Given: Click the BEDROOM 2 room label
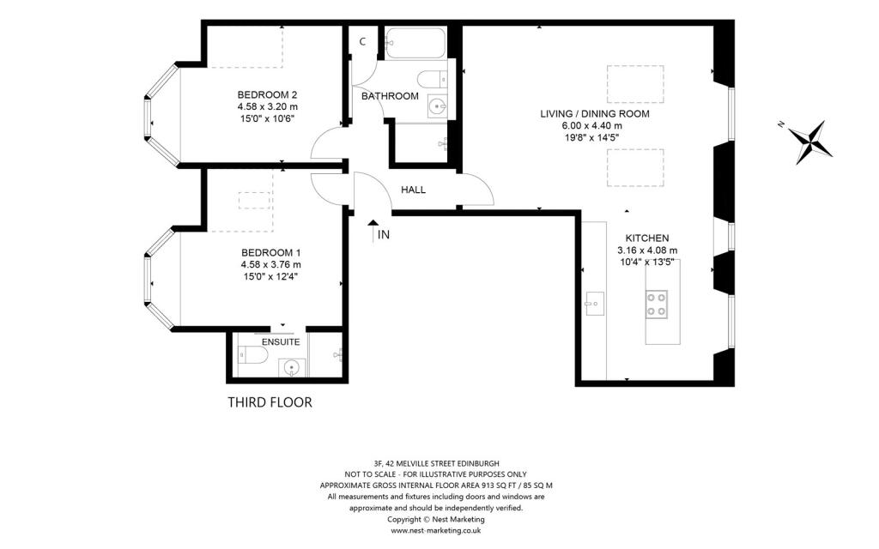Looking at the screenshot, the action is coord(267,94).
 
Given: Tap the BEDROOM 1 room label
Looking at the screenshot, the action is coord(270,253).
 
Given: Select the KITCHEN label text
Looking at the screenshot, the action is coord(647,238).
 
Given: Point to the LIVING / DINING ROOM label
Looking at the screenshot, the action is coord(595,114).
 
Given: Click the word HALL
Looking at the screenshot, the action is coord(413,190).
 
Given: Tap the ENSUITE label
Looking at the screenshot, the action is coord(281,341).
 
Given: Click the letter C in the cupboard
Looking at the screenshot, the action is coord(363,41).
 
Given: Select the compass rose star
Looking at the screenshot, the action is coord(809,142).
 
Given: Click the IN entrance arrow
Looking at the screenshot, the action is coord(373,230).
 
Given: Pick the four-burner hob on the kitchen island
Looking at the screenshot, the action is coord(657,305).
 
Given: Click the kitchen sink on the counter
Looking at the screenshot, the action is coord(594,304).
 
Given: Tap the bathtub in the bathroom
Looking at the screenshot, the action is coord(415,43).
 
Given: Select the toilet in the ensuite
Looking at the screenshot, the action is coord(253,354).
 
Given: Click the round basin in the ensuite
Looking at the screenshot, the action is coord(292,368).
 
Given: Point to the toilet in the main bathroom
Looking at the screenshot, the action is coord(433,79).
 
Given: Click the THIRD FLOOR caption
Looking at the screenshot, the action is coord(270,402).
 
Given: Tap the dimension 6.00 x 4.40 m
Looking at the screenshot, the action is coord(591,126).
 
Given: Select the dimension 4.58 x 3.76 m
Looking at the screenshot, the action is coord(270,265).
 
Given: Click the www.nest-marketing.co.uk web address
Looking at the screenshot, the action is coord(435,530).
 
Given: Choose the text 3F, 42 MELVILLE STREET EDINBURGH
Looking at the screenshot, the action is coord(436,463).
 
